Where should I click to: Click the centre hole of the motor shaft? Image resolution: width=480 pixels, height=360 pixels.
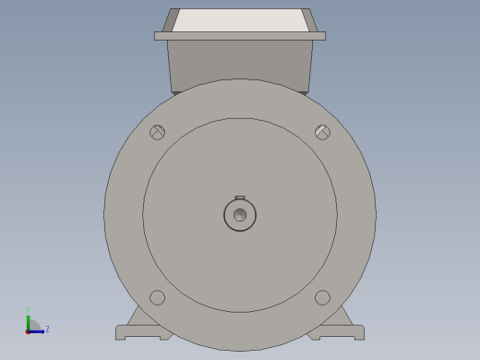tap(240, 215)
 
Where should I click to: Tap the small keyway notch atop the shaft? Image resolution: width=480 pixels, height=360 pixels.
tap(240, 198)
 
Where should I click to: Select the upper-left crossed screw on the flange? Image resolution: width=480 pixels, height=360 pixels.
tap(158, 132)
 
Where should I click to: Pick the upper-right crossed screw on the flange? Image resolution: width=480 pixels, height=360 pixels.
tap(322, 132)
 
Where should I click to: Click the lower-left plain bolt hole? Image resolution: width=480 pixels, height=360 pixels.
tap(158, 297)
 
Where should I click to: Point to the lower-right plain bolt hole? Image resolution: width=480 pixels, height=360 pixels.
tap(322, 297)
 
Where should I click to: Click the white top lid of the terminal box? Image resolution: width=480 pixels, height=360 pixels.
tap(240, 20)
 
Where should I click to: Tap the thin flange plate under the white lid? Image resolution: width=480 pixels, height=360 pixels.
tap(240, 36)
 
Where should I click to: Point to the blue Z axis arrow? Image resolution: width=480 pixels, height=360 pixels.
tap(39, 330)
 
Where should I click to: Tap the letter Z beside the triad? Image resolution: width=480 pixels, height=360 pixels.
tap(47, 329)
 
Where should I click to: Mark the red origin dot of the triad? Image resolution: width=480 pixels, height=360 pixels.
tap(28, 330)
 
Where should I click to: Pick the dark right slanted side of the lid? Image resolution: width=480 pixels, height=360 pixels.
tap(310, 20)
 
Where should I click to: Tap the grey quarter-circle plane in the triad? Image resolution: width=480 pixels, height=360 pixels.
tap(32, 326)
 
